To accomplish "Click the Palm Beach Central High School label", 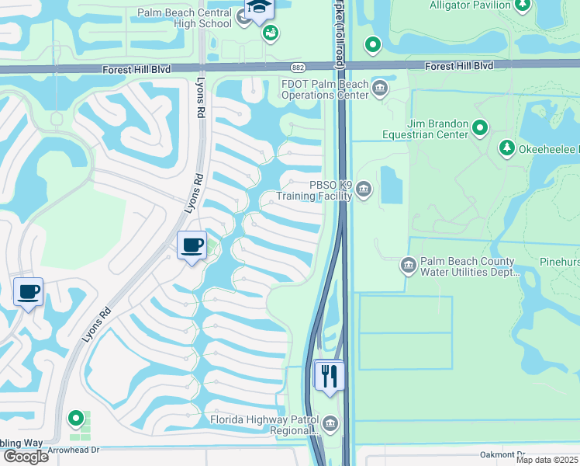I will tap(185, 18).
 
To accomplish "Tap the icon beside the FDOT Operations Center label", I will tap(381, 88).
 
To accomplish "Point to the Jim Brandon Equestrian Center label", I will tap(425, 129).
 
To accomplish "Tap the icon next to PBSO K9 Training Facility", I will tap(364, 190).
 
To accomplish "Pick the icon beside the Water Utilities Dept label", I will tap(409, 266).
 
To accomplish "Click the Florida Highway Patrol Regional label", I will tap(264, 425).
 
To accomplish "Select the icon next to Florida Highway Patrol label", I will tap(330, 423).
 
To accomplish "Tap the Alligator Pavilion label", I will tap(471, 5).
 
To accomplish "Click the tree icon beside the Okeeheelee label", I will tap(507, 148).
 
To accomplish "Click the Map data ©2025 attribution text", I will tap(547, 460).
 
